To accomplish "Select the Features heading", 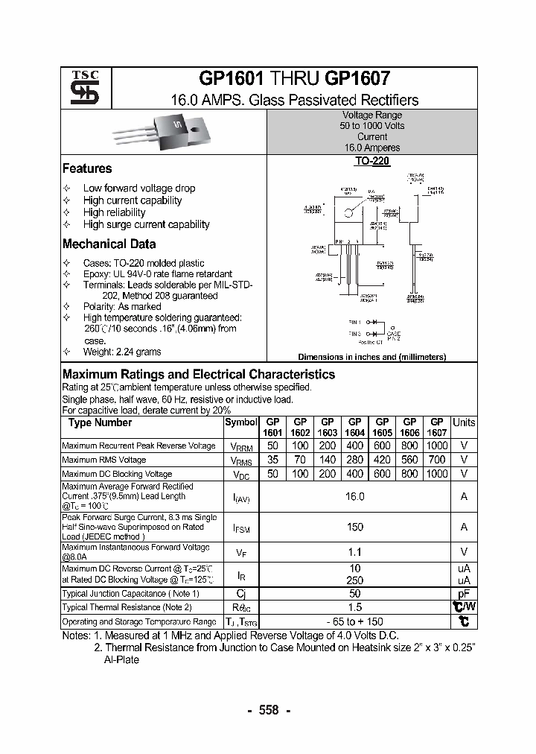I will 87,168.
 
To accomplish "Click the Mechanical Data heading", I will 109,244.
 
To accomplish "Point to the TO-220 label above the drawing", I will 371,161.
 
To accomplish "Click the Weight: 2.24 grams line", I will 122,352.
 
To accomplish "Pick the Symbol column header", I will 240,423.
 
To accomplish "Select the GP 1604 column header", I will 355,427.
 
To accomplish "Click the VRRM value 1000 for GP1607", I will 437,446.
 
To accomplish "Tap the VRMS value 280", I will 355,460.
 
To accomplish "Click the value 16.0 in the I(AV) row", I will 355,496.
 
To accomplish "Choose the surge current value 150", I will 355,527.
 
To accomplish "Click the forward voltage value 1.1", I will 355,552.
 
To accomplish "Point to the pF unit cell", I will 464,594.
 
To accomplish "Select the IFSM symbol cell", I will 240,528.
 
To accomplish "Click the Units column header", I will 464,422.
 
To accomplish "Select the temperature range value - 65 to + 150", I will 355,621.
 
